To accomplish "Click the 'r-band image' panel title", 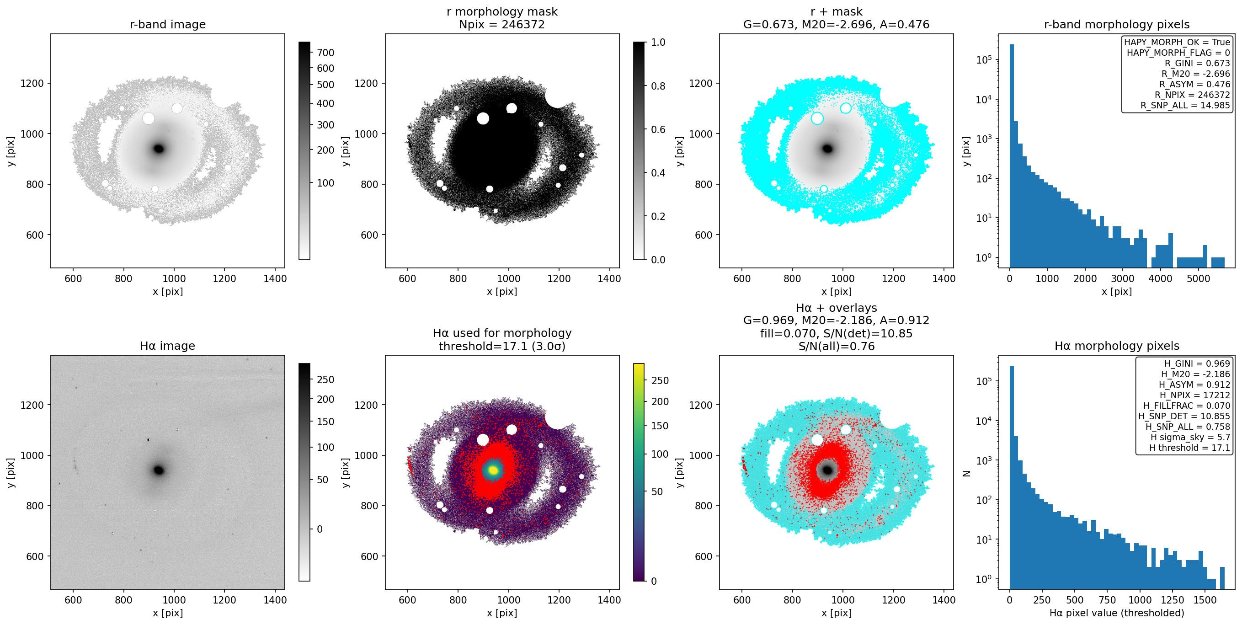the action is (168, 24).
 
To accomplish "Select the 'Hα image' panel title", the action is (168, 346).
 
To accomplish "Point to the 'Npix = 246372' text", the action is (502, 24).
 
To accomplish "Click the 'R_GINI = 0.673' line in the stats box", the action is (1197, 63).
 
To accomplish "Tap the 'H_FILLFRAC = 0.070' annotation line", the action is (1187, 406).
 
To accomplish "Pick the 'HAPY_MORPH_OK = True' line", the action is (1177, 42).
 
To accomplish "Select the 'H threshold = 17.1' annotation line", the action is (1189, 448).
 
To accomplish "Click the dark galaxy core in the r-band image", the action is (159, 149).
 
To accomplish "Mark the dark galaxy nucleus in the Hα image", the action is (159, 470).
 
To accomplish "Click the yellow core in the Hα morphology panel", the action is (493, 470).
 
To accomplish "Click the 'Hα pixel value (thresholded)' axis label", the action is (1117, 613).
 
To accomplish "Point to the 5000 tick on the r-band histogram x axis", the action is (1198, 278).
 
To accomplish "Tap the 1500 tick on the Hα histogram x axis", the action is (1205, 600).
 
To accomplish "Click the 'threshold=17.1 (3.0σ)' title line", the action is (502, 346).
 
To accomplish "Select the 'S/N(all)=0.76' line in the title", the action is (836, 346).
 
